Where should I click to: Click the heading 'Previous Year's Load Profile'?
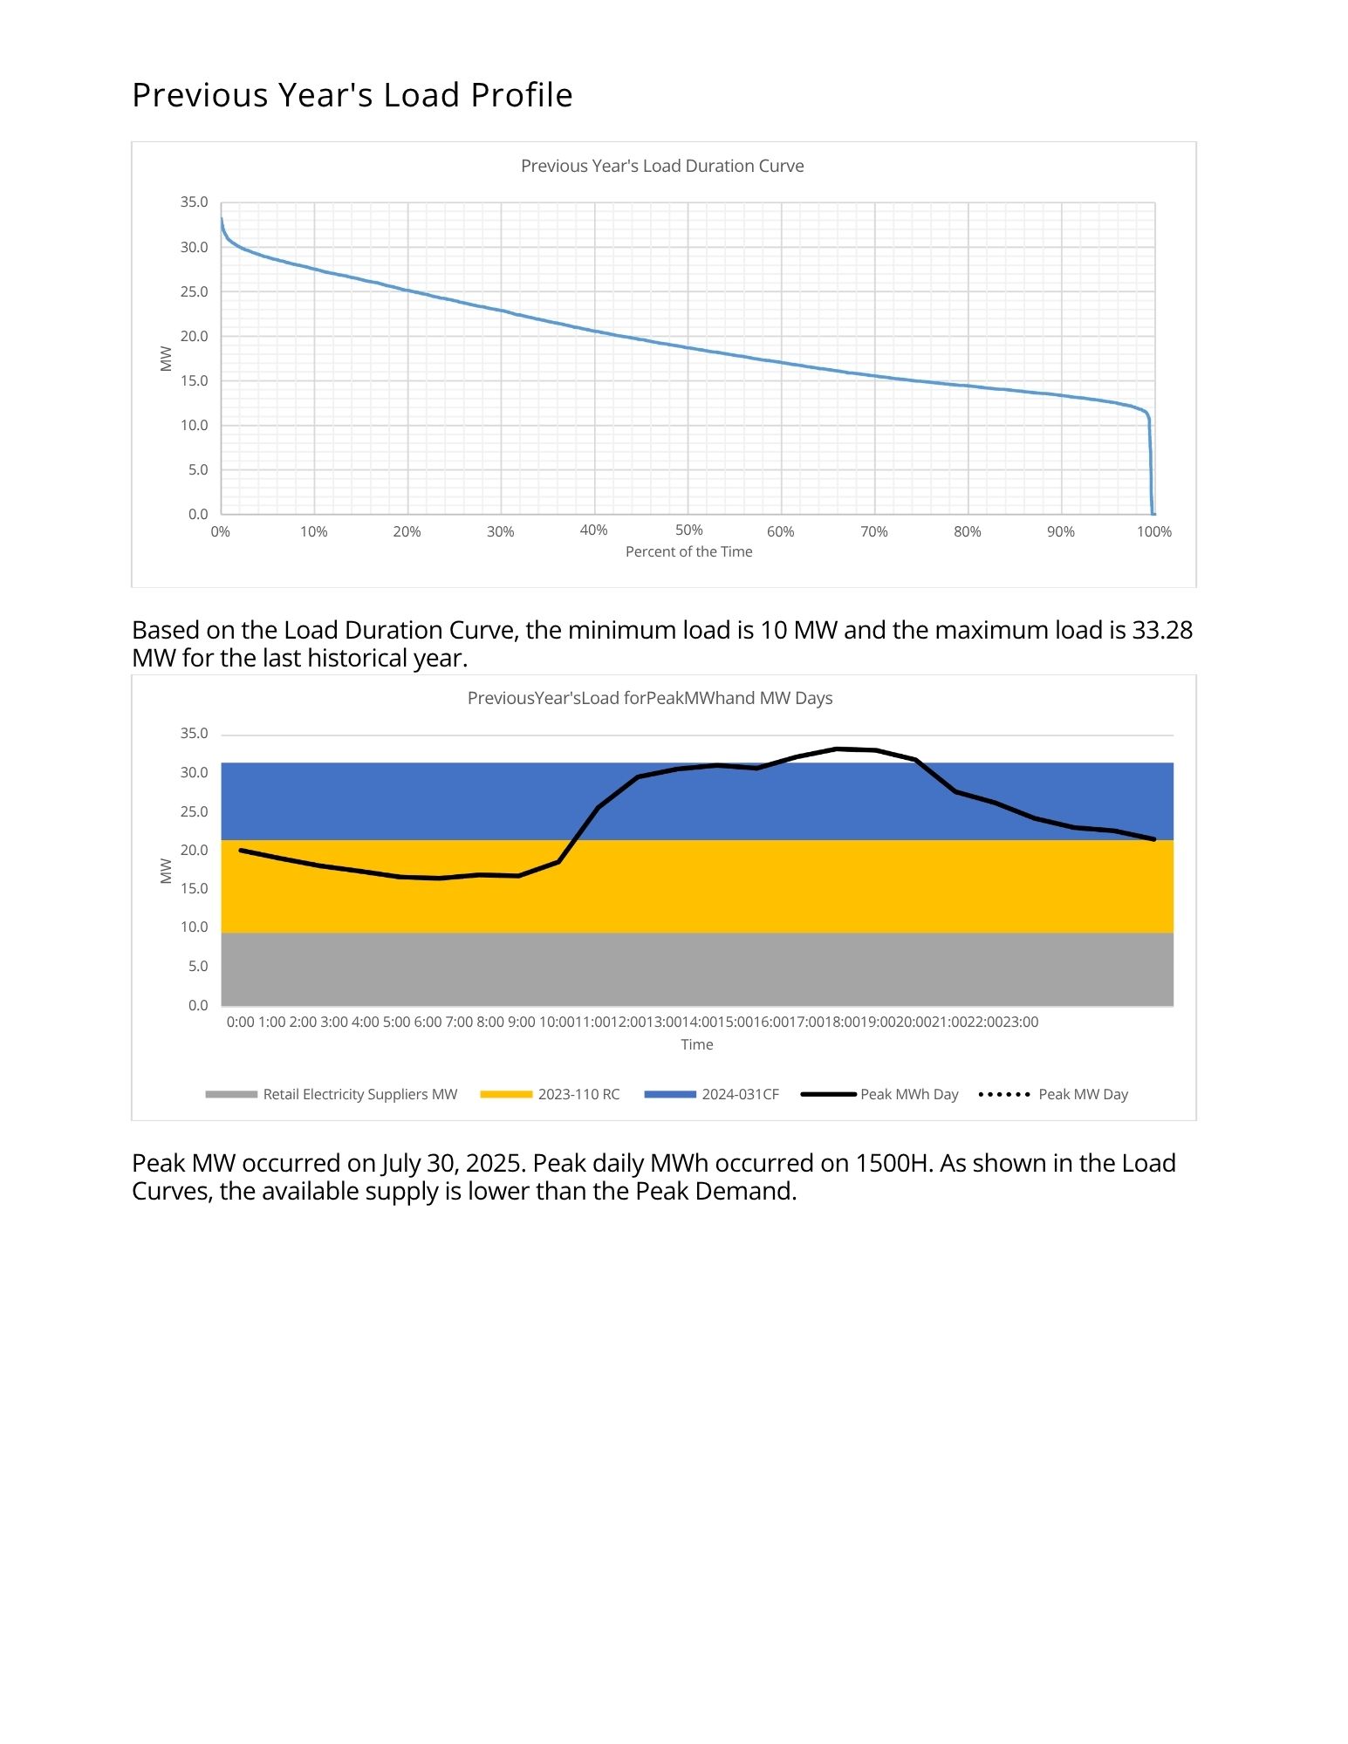352,95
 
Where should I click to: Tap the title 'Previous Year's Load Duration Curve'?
662,166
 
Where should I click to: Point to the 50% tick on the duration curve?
688,530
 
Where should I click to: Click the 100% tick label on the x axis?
1153,531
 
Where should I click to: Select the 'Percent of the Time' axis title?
688,551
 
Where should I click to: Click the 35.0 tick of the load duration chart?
194,202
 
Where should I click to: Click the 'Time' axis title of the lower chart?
696,1044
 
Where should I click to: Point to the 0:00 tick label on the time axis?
240,1022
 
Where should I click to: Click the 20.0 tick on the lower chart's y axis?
194,850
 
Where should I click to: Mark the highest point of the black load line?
837,749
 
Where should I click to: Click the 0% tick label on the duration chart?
220,531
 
